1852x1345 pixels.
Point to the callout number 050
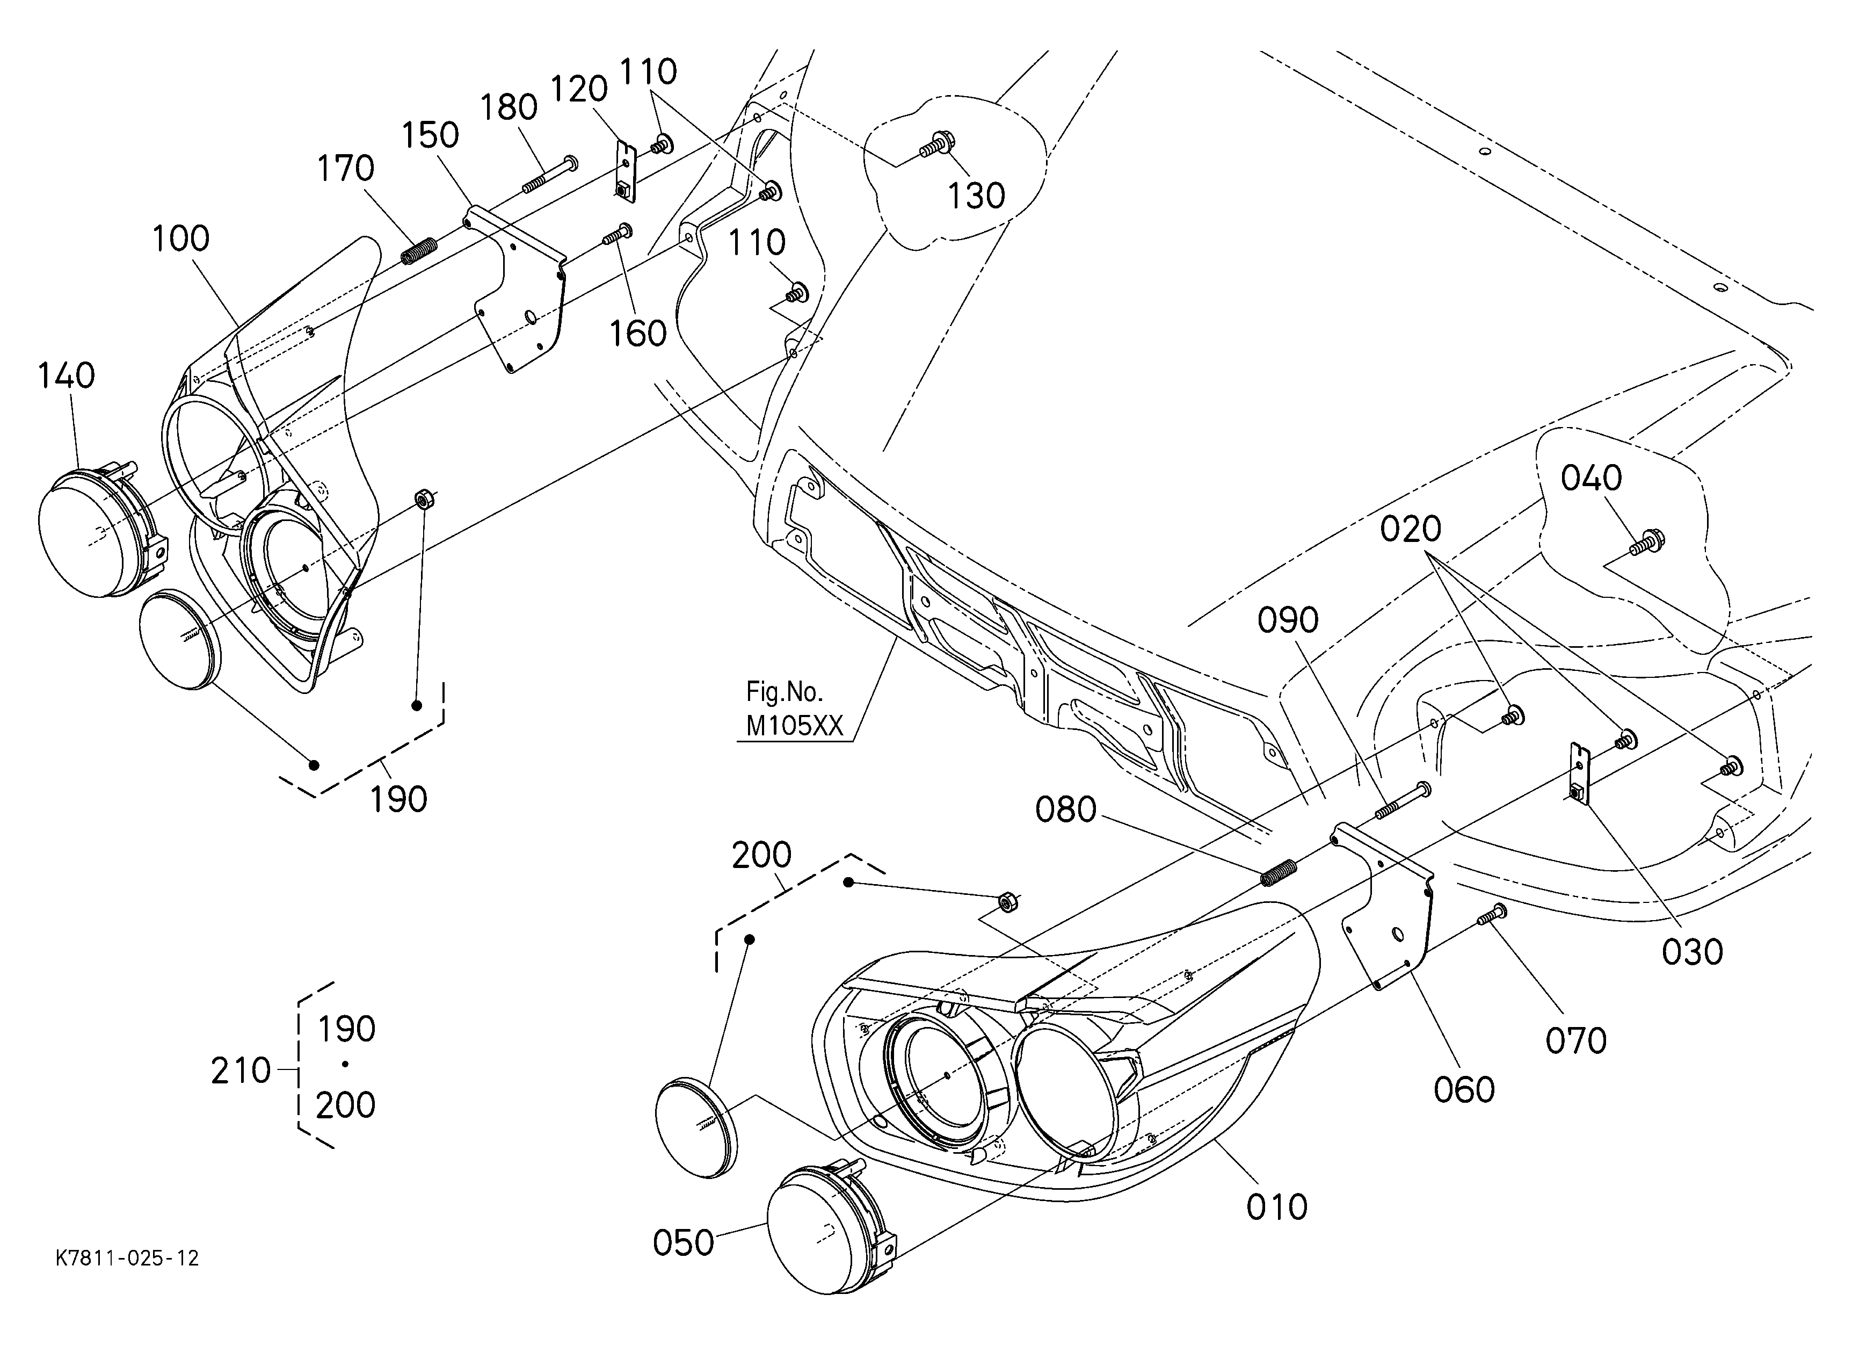pos(684,1243)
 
